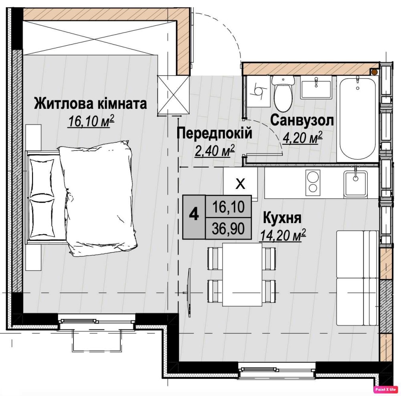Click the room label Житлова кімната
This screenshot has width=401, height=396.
[x=90, y=104]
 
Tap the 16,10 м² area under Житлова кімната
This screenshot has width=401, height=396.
[x=90, y=121]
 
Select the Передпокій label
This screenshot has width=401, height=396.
[x=215, y=134]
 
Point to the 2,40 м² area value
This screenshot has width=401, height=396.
[x=215, y=151]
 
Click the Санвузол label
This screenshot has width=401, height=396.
[x=302, y=120]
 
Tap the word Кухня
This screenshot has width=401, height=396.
[x=282, y=218]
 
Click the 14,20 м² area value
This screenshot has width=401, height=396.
[x=283, y=236]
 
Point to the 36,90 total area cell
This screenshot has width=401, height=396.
[x=228, y=228]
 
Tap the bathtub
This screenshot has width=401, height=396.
[x=357, y=118]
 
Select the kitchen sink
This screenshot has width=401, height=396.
[x=355, y=183]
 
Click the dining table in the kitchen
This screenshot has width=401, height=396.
[x=242, y=274]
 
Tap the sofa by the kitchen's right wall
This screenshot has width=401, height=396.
[x=357, y=278]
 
